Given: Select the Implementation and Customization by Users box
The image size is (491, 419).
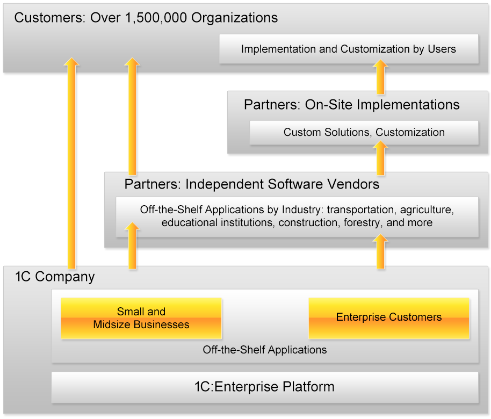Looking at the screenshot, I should coord(348,49).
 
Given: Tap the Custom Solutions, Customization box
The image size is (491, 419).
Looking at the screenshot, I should coord(364,132).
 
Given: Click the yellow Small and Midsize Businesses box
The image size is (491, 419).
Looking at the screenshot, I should coord(141,318).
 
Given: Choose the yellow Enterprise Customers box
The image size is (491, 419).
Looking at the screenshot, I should coord(388,317).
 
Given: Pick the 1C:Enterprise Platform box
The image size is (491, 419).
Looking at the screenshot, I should coord(264,387).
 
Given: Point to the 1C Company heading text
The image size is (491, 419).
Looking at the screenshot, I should coord(55,277).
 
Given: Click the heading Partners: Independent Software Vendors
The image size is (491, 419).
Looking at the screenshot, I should coord(251,185).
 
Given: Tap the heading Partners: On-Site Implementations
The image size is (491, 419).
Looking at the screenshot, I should coord(351,105).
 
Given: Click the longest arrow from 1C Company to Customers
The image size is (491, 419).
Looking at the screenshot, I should coord(71,161).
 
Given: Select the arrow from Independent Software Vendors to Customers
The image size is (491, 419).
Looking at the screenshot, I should coord(132,115).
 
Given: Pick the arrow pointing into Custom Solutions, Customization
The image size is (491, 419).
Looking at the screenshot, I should coord(380,158).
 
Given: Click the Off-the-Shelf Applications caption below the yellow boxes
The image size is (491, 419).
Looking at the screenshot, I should coord(264,350).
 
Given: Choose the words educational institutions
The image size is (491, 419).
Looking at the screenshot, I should coord(218,222).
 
